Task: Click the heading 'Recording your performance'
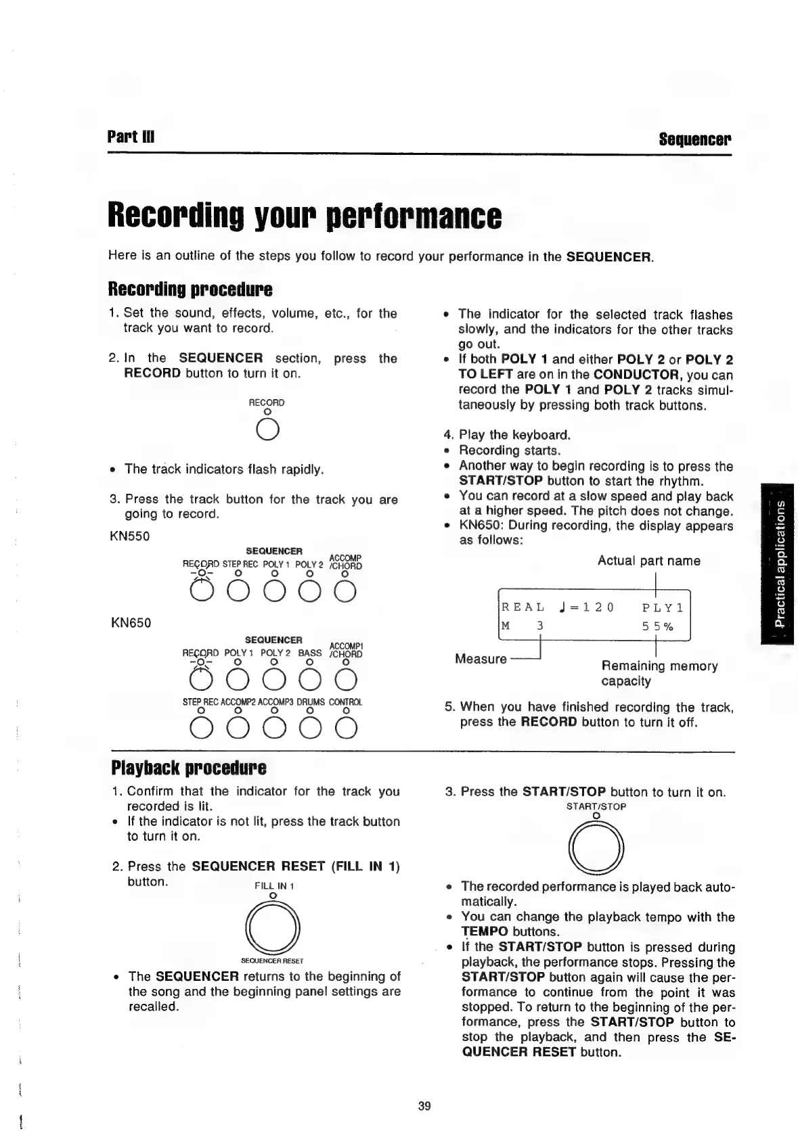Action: click(x=305, y=214)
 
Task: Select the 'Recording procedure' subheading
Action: click(x=190, y=290)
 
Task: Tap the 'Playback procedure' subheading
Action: click(x=187, y=768)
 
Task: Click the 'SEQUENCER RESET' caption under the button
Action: click(x=272, y=960)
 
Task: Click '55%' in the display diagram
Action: click(x=657, y=626)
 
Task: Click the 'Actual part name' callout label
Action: click(x=648, y=561)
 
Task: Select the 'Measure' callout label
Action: click(x=481, y=658)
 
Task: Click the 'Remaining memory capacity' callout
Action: click(x=659, y=673)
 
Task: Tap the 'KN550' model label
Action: click(x=129, y=536)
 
